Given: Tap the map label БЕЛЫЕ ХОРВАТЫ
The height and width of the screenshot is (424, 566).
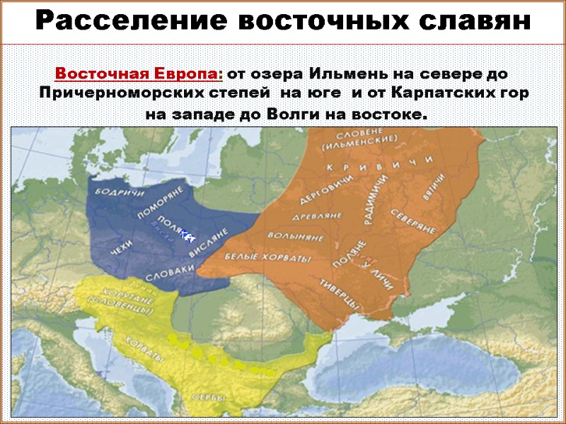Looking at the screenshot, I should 267,259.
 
